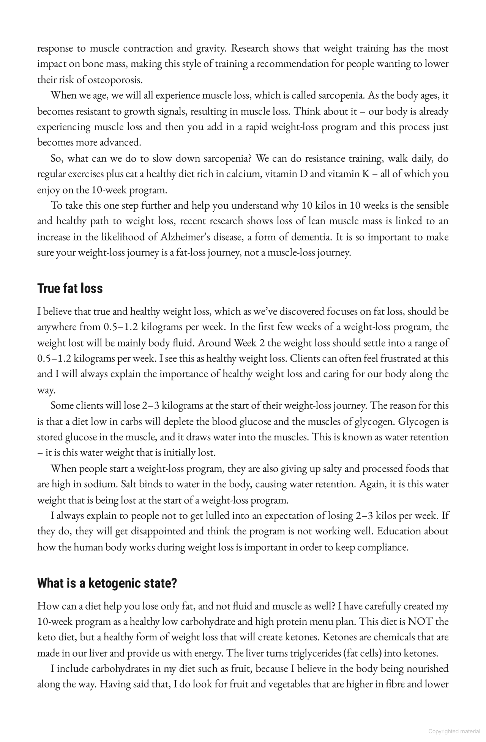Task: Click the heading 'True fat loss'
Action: pyautogui.click(x=70, y=288)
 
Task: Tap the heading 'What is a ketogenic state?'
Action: pyautogui.click(x=107, y=583)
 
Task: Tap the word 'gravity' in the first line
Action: pyautogui.click(x=210, y=49)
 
